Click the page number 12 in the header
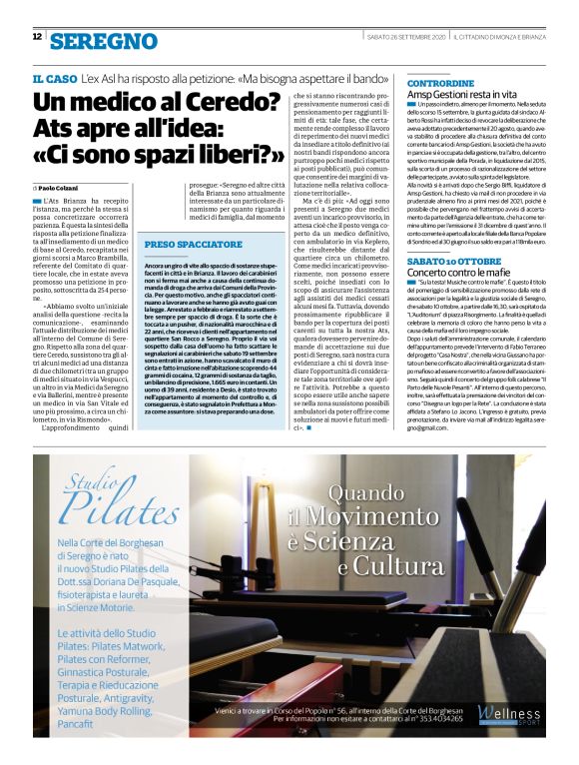click(x=37, y=37)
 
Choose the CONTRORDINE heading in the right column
click(x=440, y=78)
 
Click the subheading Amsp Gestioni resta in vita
click(x=465, y=92)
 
